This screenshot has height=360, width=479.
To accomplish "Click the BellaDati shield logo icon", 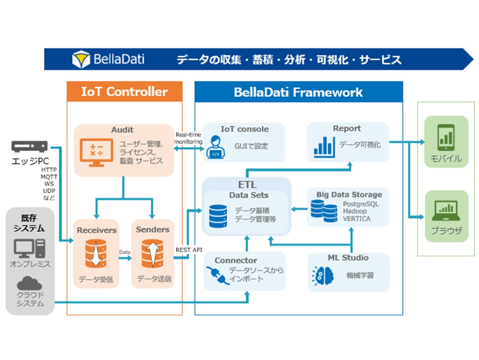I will [81, 60].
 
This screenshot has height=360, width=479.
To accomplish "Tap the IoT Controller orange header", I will [124, 92].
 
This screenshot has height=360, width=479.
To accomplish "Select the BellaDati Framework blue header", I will [298, 92].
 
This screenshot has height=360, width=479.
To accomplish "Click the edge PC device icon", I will [29, 147].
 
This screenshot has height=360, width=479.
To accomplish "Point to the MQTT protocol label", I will [49, 177].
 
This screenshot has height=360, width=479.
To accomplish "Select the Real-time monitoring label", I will [188, 138].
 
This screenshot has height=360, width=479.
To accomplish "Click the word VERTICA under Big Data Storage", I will [357, 219].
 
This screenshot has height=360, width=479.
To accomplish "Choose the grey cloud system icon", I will [30, 283].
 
